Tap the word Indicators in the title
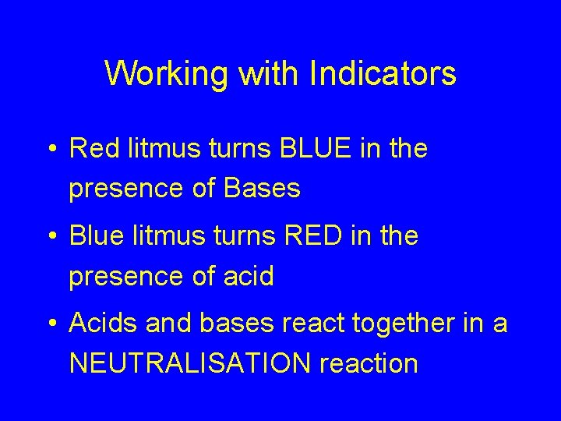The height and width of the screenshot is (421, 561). (x=383, y=73)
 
